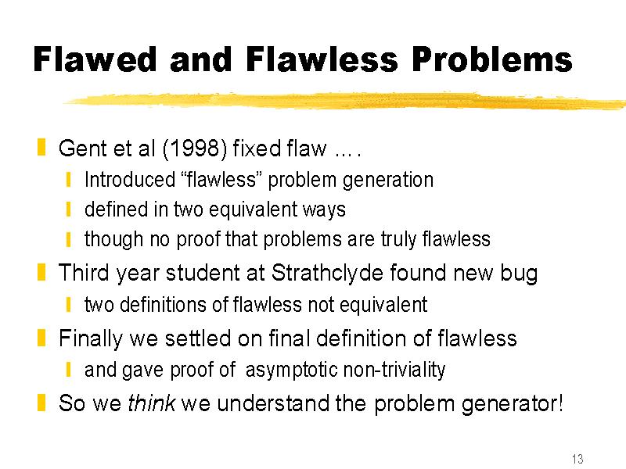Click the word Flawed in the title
tap(95, 59)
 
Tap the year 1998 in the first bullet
tap(195, 149)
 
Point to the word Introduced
tap(130, 180)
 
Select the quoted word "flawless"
tap(221, 180)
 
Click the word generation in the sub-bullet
tap(388, 181)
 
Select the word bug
tap(519, 274)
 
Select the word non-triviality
tap(394, 370)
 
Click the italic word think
tap(152, 403)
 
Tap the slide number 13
tap(577, 459)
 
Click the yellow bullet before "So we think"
tap(41, 403)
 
